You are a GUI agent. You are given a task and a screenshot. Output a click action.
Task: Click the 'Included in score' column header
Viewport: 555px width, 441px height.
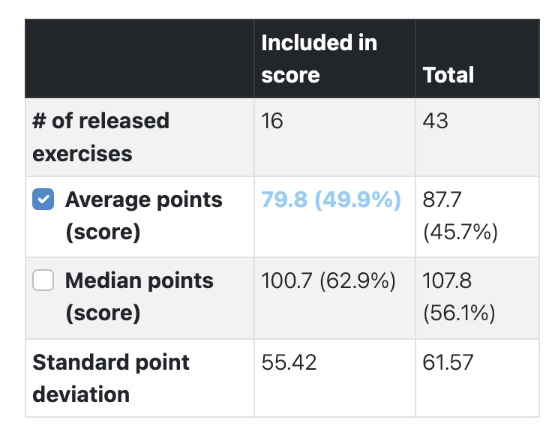tap(319, 58)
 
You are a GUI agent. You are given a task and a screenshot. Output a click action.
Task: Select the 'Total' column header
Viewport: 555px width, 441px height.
tap(448, 75)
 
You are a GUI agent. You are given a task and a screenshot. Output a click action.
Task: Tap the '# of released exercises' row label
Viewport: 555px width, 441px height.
tap(101, 136)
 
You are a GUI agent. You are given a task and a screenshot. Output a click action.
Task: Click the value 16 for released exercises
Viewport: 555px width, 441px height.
tap(272, 121)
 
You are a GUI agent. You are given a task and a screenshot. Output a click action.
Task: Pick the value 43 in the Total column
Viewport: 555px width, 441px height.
tap(436, 121)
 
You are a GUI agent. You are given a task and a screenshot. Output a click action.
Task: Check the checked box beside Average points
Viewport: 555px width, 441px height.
tap(43, 200)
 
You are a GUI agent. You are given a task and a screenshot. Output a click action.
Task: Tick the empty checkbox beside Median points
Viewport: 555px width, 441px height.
tap(43, 281)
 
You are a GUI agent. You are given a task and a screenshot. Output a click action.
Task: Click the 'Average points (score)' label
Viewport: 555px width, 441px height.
tap(143, 216)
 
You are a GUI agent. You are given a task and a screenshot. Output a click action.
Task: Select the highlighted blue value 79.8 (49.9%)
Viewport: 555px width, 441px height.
tap(331, 200)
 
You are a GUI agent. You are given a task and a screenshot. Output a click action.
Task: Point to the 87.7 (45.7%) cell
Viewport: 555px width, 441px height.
tap(460, 216)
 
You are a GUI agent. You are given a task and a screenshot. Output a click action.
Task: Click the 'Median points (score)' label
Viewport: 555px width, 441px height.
tap(139, 296)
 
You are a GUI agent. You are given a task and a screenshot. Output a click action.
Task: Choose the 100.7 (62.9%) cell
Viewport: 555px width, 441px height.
tap(328, 281)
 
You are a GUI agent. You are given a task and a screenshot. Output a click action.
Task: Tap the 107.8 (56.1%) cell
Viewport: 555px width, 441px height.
tap(459, 297)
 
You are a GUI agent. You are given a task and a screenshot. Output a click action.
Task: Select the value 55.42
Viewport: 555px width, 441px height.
tap(289, 363)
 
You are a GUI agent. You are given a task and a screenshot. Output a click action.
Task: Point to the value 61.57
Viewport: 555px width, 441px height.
tap(448, 363)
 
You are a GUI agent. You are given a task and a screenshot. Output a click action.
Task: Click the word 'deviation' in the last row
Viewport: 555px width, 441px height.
tap(81, 394)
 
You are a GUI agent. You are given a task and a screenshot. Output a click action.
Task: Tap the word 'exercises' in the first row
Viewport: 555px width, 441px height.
tap(82, 154)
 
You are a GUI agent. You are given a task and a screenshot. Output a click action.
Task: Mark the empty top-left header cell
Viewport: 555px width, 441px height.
tap(139, 58)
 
